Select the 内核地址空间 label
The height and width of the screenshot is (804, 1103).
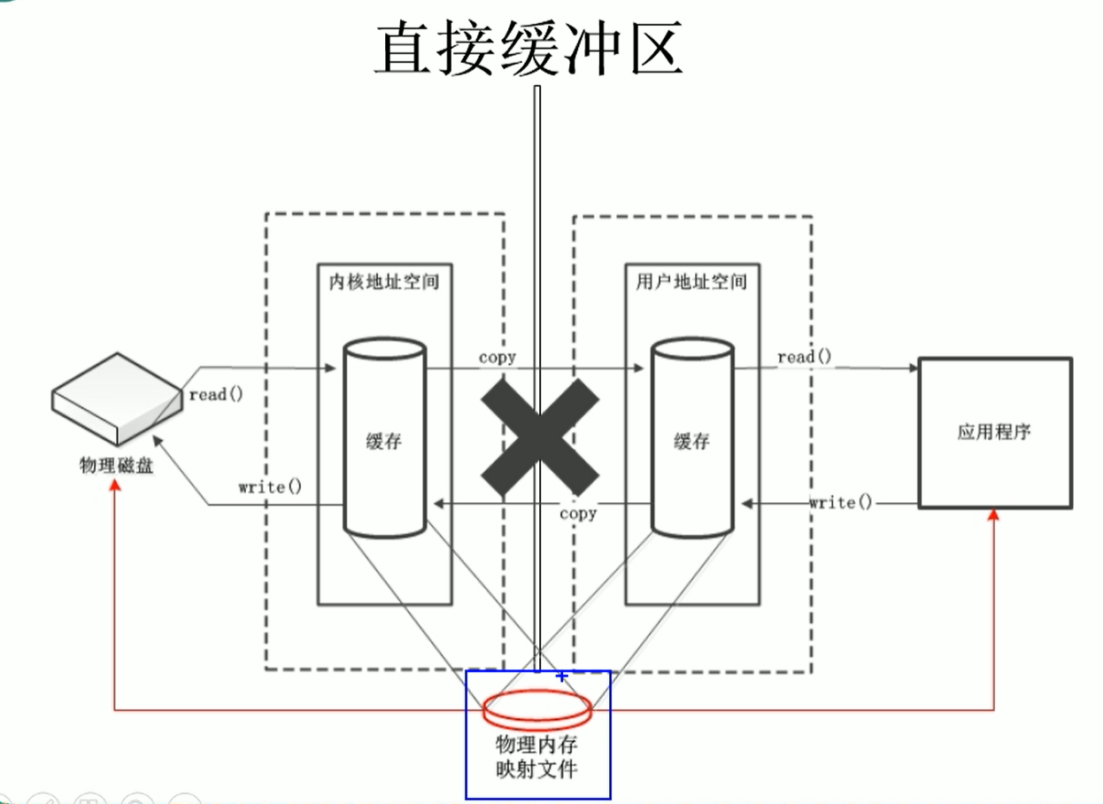[383, 282]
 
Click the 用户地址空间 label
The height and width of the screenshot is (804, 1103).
[691, 282]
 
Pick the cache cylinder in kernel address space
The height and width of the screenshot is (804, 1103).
[383, 438]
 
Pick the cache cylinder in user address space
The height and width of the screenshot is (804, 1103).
[691, 438]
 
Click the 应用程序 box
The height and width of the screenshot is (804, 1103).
[994, 432]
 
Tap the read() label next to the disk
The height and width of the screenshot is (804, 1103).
[215, 395]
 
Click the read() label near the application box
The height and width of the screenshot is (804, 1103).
[805, 357]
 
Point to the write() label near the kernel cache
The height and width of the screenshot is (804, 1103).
[270, 486]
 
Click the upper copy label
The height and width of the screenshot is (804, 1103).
[498, 358]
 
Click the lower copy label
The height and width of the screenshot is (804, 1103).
[578, 513]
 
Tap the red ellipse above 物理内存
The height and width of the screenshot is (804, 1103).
[537, 706]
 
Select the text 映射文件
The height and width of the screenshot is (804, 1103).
[537, 769]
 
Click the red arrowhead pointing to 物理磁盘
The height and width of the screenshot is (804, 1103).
[115, 487]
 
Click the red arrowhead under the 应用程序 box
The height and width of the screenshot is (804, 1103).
[992, 515]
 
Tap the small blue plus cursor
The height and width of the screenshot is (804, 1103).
[561, 676]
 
